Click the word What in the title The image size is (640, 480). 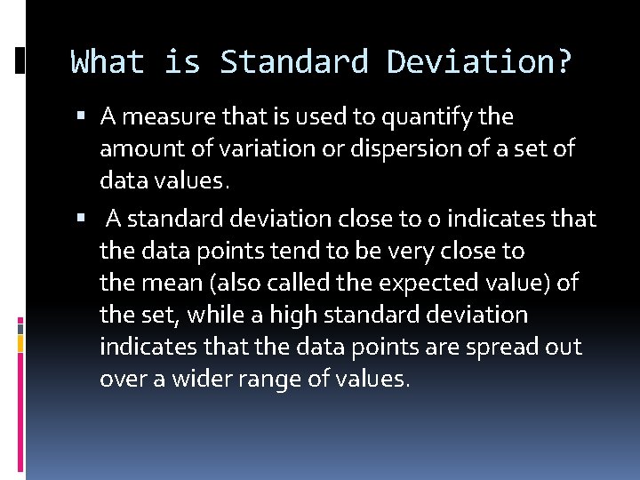pyautogui.click(x=107, y=62)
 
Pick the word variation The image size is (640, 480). pyautogui.click(x=254, y=149)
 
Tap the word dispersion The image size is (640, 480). pyautogui.click(x=398, y=149)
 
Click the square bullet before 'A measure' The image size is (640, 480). pyautogui.click(x=82, y=116)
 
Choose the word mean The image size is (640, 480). pyautogui.click(x=172, y=284)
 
